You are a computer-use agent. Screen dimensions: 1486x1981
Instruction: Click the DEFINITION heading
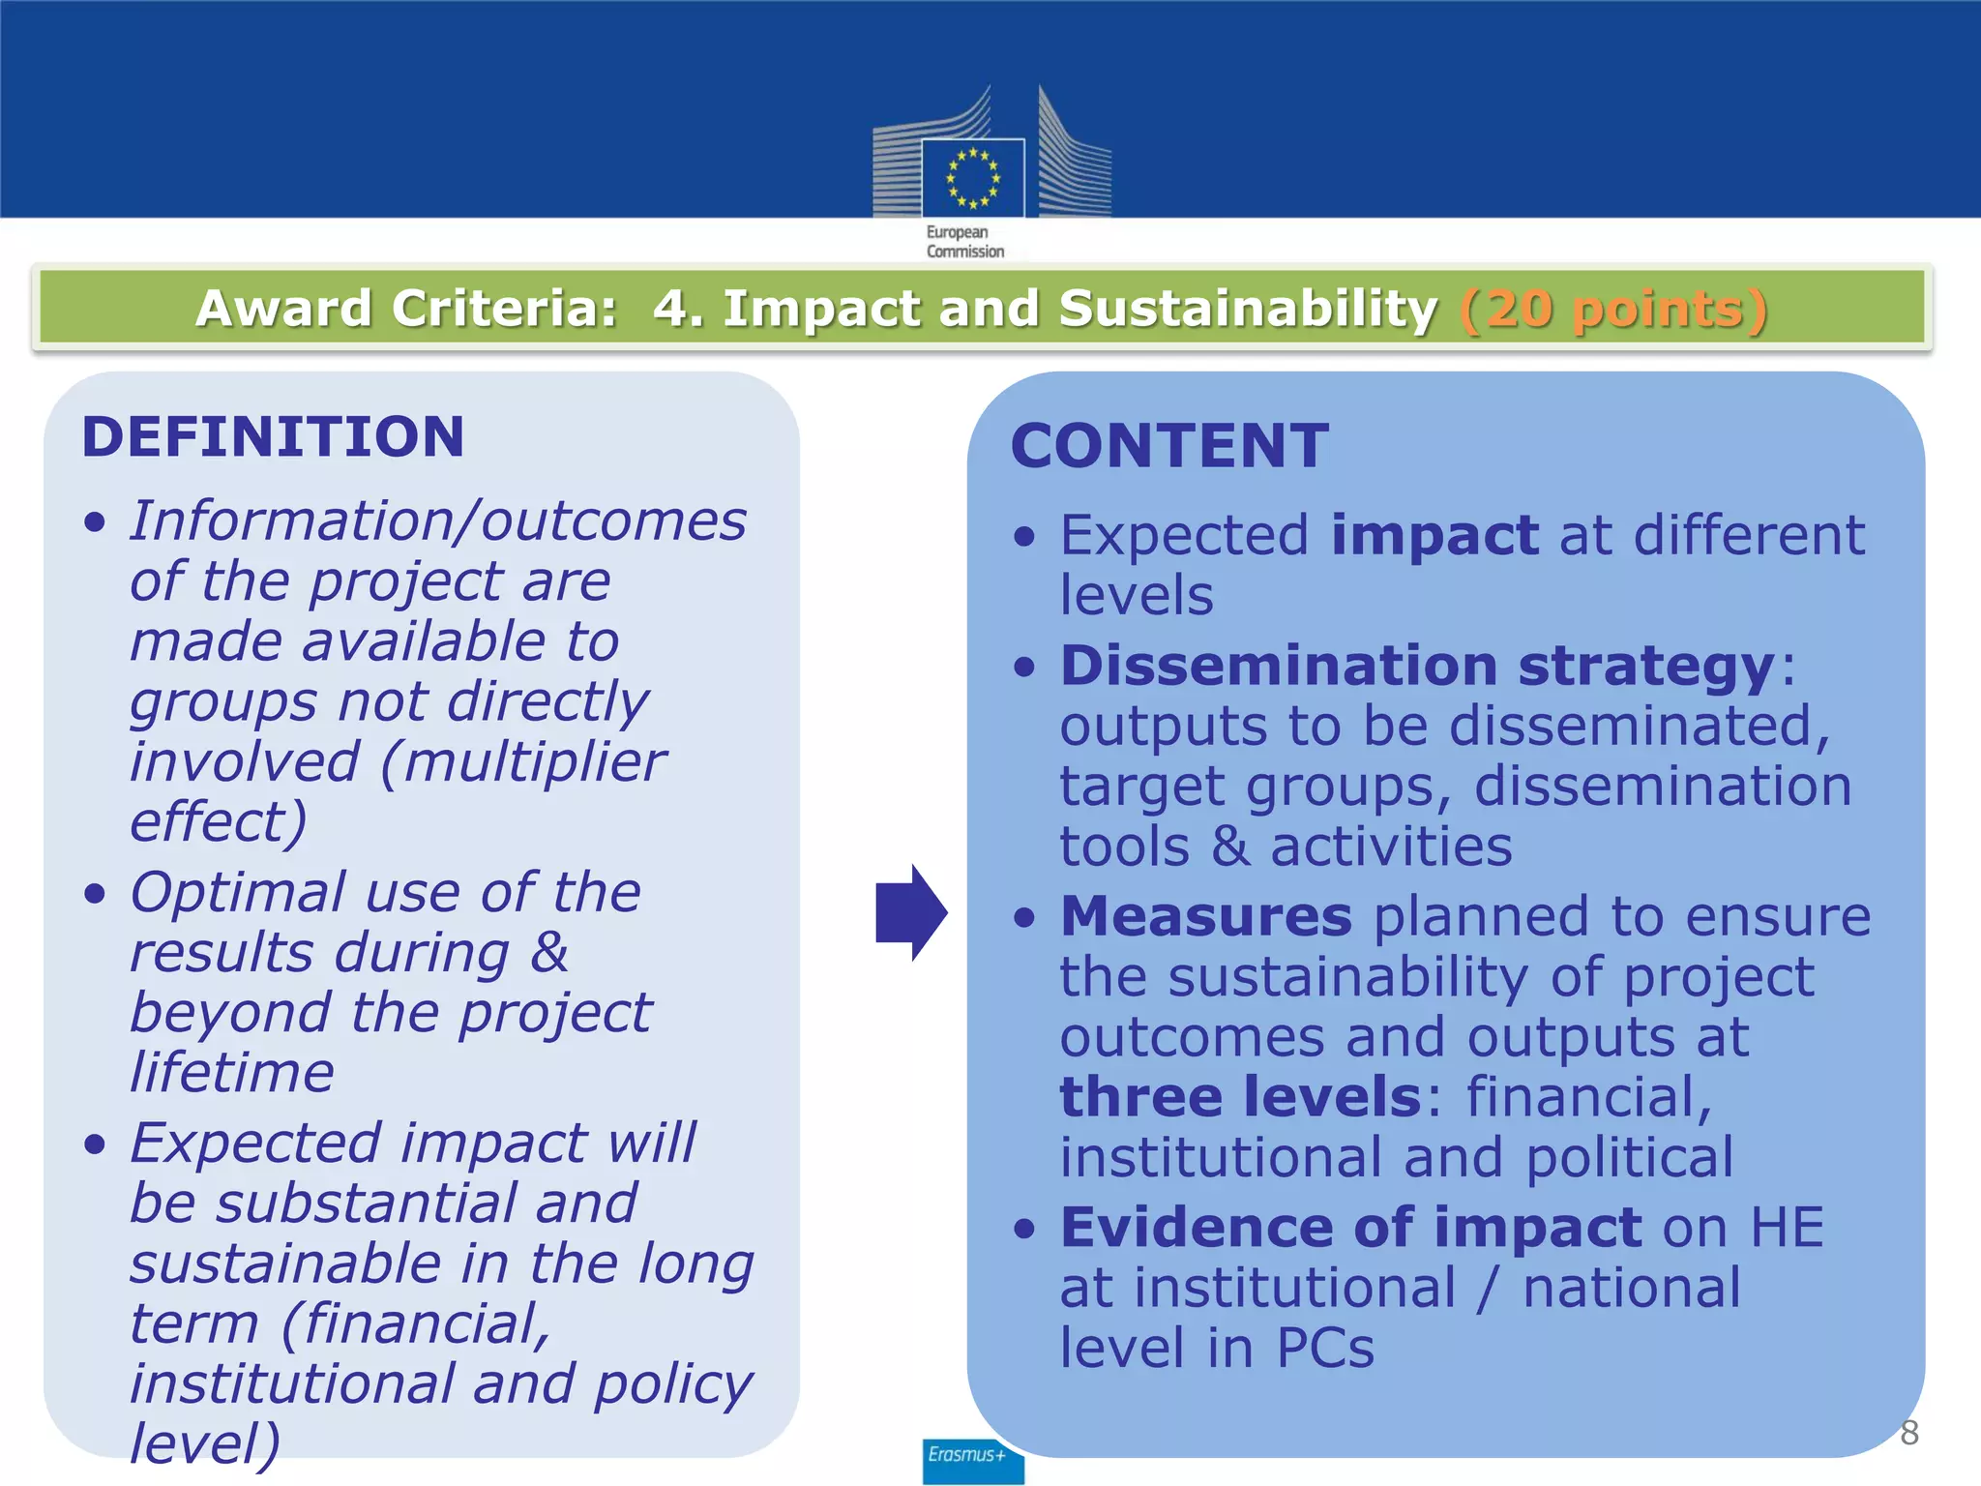(x=274, y=437)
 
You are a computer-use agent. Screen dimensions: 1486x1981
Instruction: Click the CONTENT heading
(x=1169, y=447)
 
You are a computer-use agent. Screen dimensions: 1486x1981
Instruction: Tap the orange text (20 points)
(x=1613, y=310)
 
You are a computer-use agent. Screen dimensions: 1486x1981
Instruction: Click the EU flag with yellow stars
(x=972, y=178)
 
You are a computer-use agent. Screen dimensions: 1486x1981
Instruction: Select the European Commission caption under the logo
(x=964, y=242)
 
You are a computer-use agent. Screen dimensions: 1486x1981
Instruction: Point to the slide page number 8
(x=1908, y=1433)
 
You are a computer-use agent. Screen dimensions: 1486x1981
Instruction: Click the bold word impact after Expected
(x=1434, y=535)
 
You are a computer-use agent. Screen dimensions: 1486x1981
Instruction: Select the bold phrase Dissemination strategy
(x=1417, y=666)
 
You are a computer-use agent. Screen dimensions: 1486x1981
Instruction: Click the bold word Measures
(x=1206, y=916)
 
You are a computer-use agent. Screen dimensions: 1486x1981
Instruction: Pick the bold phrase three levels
(x=1241, y=1097)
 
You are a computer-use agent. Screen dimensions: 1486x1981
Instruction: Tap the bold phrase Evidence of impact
(x=1350, y=1228)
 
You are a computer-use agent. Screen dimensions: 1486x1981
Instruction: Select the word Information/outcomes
(x=438, y=521)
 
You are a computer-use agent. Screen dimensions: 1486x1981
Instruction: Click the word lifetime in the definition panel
(x=232, y=1073)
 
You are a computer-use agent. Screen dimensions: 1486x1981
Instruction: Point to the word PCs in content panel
(x=1325, y=1348)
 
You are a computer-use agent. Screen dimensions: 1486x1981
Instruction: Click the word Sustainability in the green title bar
(x=1248, y=310)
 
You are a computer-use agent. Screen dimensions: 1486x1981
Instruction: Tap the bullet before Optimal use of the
(x=94, y=893)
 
